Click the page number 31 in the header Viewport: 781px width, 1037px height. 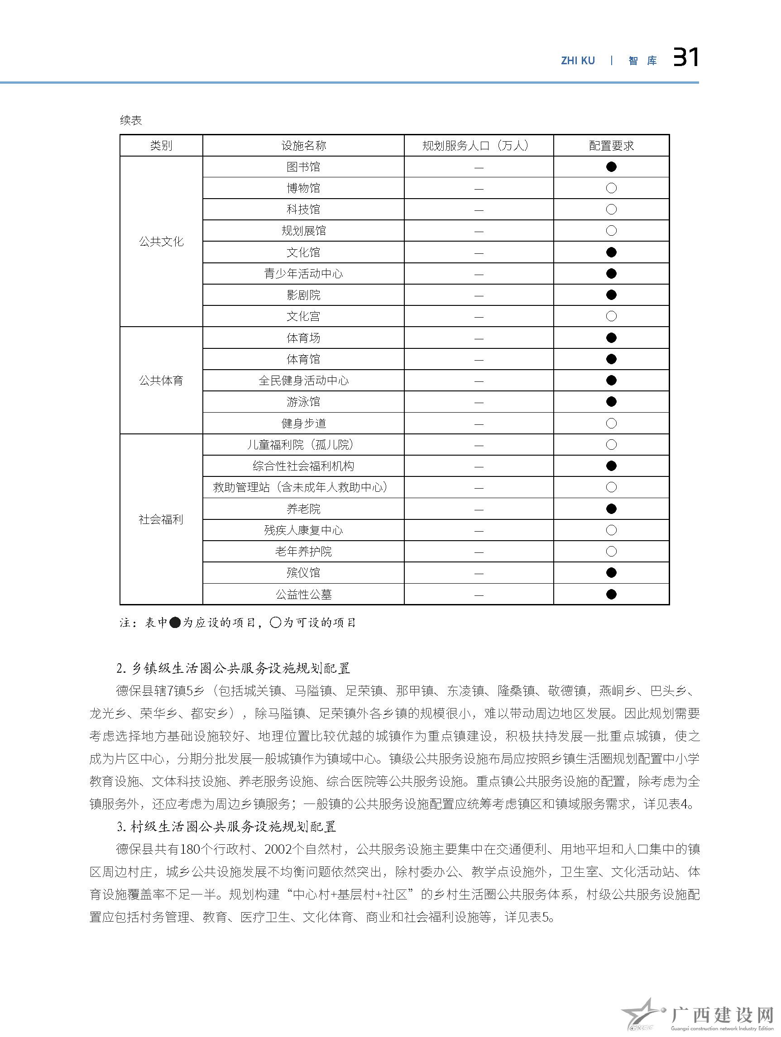[x=685, y=58]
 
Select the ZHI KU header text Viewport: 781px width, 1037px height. [x=577, y=61]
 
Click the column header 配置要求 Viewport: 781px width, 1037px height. [x=611, y=146]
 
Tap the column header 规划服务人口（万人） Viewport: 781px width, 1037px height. [x=478, y=146]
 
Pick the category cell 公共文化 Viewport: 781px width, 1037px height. [x=161, y=242]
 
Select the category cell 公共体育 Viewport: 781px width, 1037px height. [x=161, y=381]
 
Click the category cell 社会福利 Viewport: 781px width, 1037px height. [x=161, y=519]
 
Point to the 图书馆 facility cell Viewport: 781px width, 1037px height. [x=303, y=167]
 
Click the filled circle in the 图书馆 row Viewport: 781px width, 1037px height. [x=611, y=167]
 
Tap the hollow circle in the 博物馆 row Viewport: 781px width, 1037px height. [x=611, y=189]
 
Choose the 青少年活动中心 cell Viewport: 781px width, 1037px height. [x=303, y=274]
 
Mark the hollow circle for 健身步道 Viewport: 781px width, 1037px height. [x=611, y=423]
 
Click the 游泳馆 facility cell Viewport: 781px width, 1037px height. [x=303, y=402]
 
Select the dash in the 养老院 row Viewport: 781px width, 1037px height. [x=479, y=509]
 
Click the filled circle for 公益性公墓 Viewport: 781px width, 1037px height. [x=611, y=595]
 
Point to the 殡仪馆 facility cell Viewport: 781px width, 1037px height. [x=303, y=573]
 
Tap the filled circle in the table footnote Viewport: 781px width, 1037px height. [x=174, y=623]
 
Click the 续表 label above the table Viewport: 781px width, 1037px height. [x=131, y=120]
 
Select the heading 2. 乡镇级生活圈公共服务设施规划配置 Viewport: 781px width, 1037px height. [x=234, y=669]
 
